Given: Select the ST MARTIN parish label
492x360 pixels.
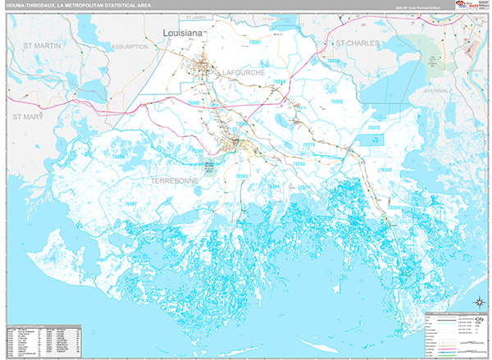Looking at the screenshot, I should [x=42, y=46].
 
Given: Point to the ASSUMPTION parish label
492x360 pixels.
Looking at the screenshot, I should [x=129, y=47].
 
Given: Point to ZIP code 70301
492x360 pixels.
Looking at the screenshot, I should [x=257, y=42].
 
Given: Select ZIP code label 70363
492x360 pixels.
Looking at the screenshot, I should [x=242, y=176].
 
